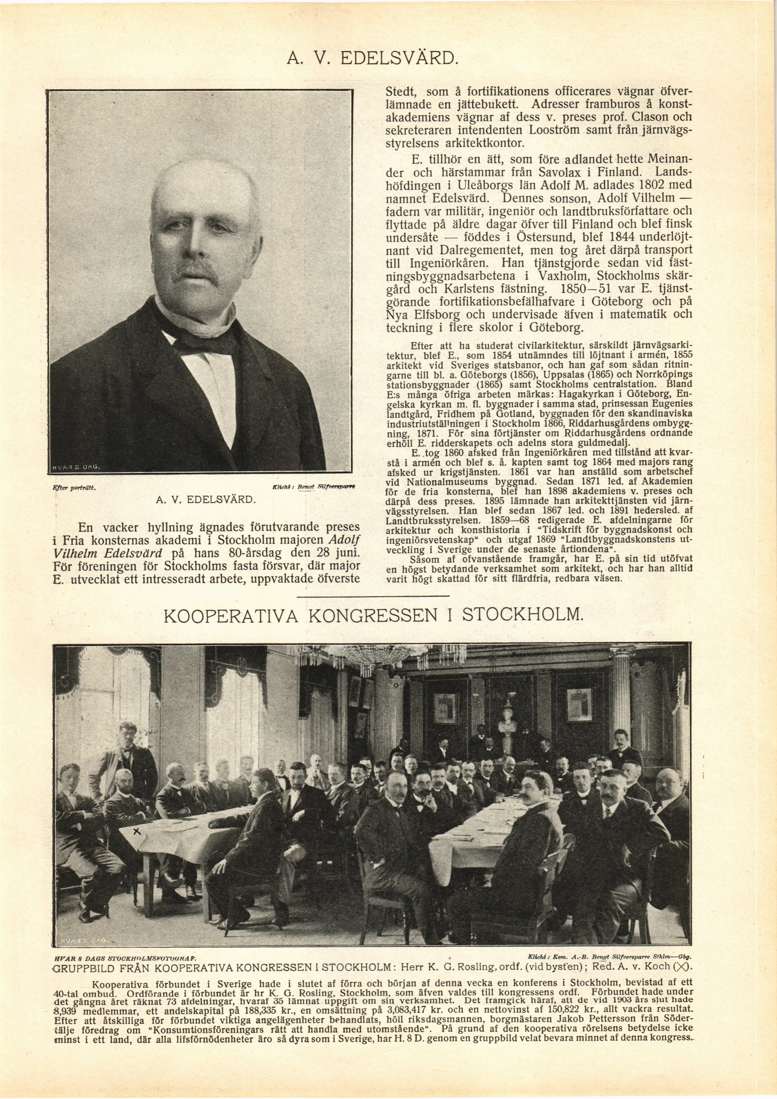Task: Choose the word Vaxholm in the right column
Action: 551,277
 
